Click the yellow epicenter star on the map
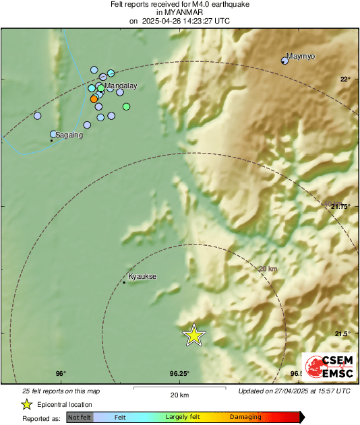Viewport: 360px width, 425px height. (194, 335)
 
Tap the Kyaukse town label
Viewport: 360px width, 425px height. (142, 276)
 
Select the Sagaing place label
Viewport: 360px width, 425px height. (69, 135)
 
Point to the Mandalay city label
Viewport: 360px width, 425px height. (121, 86)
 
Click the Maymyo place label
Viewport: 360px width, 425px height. (301, 56)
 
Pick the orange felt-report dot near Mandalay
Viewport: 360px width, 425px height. (94, 99)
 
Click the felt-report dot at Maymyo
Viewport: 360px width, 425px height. (284, 61)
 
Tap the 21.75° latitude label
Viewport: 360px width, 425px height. (341, 207)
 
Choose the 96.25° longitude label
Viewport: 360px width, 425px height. (179, 374)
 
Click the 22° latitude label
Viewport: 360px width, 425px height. (345, 79)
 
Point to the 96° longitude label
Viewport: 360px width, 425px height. (60, 374)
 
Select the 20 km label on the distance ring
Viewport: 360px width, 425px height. (268, 269)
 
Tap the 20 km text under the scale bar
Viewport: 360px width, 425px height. (179, 395)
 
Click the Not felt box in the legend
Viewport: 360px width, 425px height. (80, 418)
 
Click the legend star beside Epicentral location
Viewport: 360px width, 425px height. (27, 404)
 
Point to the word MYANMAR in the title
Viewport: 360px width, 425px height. (179, 13)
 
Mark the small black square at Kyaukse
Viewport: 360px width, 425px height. (124, 282)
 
